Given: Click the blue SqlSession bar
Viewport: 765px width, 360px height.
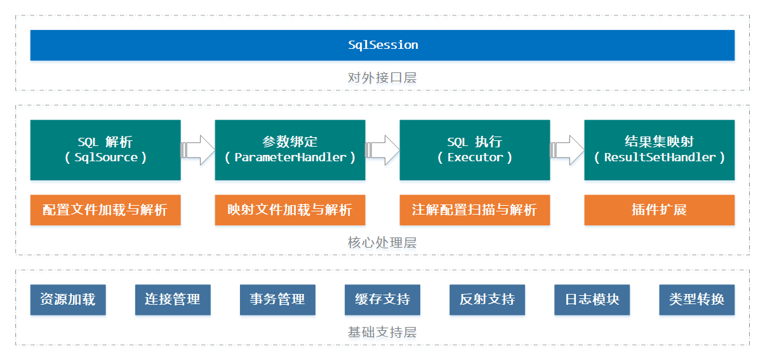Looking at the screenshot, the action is (382, 45).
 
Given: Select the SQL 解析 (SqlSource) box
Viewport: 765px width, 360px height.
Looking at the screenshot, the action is (105, 150).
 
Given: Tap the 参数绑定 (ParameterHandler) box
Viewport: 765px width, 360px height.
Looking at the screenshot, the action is (290, 150).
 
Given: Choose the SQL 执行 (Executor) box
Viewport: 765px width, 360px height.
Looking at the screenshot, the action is (475, 150).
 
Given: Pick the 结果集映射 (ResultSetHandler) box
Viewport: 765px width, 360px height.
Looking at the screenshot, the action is (660, 150).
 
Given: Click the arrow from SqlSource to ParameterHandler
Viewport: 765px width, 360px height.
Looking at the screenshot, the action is (198, 150).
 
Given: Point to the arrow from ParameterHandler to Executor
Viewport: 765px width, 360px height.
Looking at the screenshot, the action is (382, 150).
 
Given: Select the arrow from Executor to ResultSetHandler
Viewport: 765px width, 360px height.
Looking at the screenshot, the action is (568, 150).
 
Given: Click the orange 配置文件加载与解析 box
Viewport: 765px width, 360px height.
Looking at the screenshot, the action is (105, 210).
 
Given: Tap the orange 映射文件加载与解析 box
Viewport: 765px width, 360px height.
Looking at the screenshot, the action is (290, 210).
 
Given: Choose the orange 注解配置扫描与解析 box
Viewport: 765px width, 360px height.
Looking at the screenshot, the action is (475, 210).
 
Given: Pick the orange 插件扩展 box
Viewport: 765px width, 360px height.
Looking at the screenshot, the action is (660, 210).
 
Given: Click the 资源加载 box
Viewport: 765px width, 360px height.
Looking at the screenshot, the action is (68, 300).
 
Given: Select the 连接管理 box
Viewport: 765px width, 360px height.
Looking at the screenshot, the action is (173, 300).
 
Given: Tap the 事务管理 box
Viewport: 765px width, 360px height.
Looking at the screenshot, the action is (277, 300).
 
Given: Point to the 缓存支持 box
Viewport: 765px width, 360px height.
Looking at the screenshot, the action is (382, 300).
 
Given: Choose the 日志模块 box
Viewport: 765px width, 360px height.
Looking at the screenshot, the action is (592, 300).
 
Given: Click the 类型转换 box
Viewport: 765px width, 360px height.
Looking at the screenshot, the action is (696, 300).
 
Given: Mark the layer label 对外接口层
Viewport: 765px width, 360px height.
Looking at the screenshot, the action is (382, 78).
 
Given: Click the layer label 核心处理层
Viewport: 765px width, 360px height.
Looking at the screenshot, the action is (382, 243).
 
